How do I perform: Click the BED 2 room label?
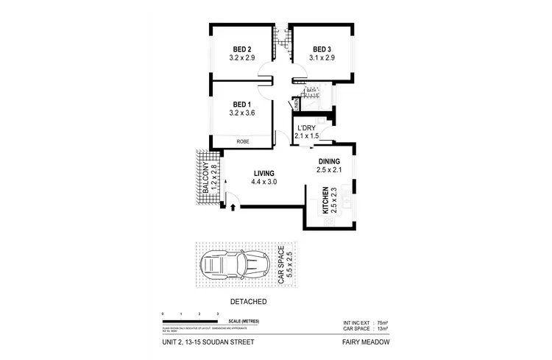coord(241,49)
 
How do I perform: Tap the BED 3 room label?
coord(322,49)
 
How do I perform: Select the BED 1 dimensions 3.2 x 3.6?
coord(241,113)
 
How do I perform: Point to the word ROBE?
coord(242,141)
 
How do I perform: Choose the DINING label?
coord(329,161)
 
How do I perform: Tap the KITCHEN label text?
coord(325,201)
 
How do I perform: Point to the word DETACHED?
coord(248,302)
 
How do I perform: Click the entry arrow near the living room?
coord(233,208)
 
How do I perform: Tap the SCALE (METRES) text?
coord(244,322)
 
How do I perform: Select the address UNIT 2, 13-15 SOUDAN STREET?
coord(208,342)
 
